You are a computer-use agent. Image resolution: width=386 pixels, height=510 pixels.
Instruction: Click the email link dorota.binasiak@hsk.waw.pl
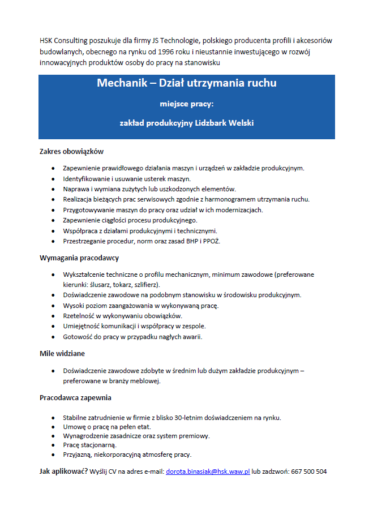(x=208, y=472)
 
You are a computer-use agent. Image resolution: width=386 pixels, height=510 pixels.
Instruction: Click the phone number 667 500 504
(x=309, y=472)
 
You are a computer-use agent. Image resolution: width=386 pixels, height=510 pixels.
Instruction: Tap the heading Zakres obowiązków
(x=71, y=152)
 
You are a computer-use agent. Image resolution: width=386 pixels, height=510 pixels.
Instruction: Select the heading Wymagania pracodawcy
(x=79, y=258)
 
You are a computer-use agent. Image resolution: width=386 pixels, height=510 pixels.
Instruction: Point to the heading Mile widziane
(x=62, y=353)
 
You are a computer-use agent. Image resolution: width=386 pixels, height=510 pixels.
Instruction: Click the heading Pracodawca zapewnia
(x=75, y=398)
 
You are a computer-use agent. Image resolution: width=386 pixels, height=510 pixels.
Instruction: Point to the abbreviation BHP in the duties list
(x=194, y=241)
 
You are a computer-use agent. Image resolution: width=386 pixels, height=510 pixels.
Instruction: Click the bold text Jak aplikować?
(x=63, y=472)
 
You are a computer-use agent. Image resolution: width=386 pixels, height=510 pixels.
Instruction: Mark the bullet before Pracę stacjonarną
(x=53, y=445)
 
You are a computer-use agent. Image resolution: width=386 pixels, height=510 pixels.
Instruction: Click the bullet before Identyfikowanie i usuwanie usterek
(x=53, y=179)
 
